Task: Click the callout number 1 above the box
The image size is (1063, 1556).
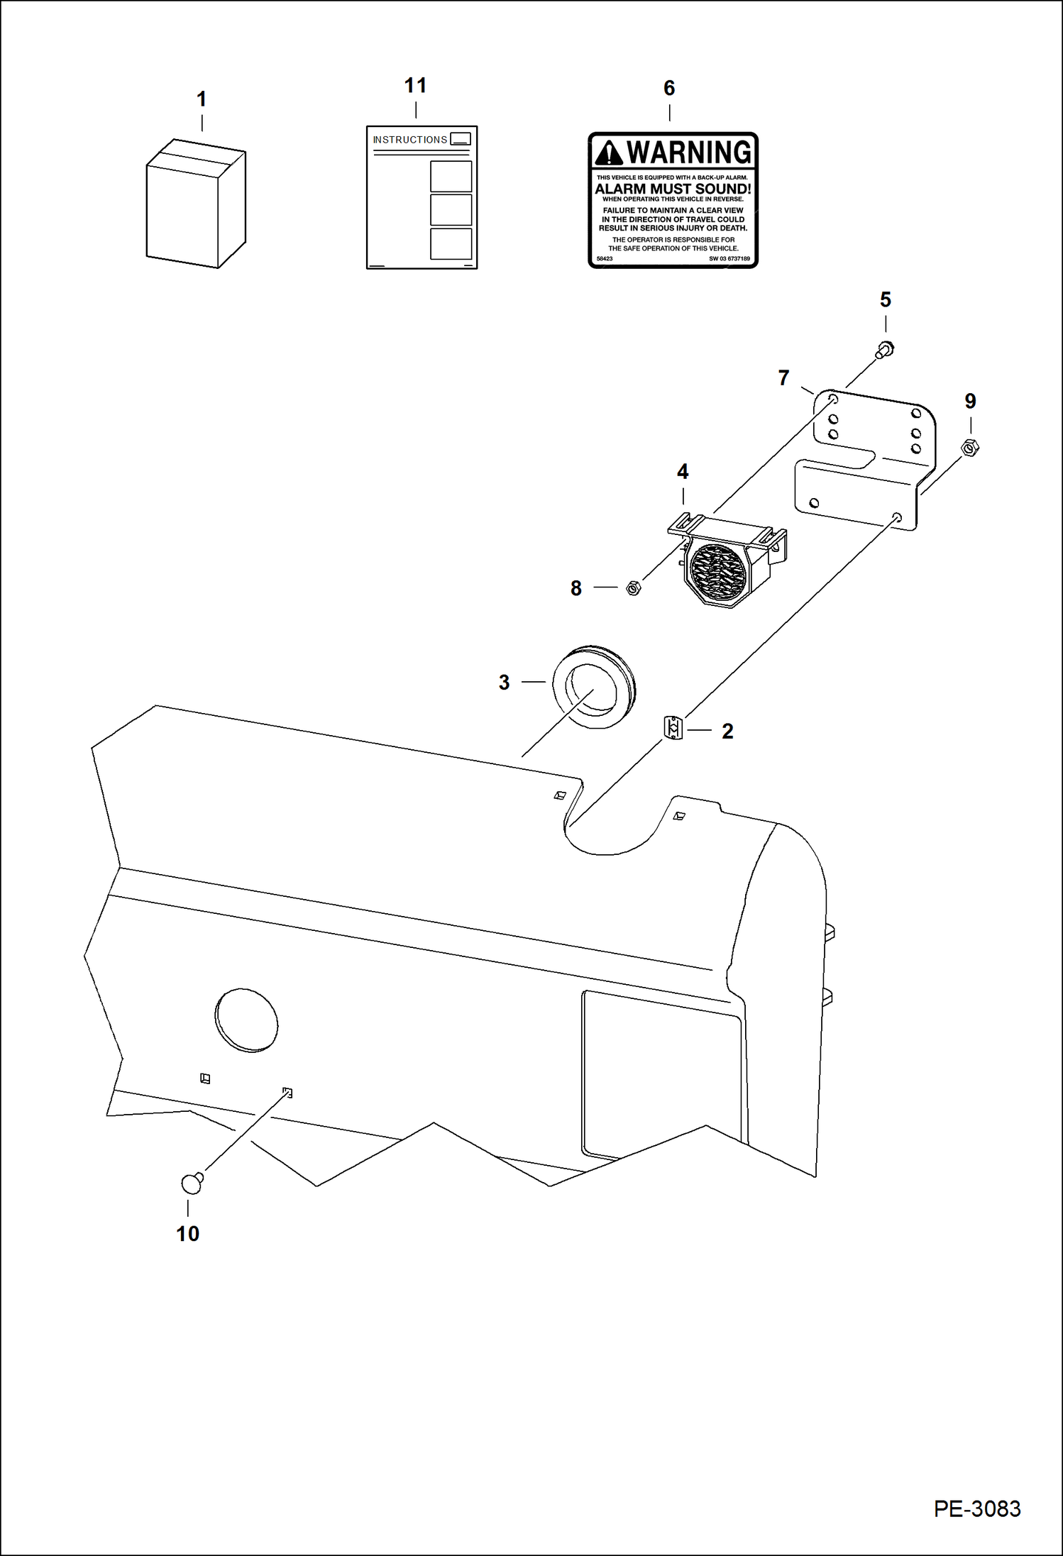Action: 202,99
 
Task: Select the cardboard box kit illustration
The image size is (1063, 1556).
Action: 195,206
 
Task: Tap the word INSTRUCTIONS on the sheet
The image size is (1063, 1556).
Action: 410,140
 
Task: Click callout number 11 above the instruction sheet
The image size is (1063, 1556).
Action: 415,86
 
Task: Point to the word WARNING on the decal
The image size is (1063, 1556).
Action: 688,153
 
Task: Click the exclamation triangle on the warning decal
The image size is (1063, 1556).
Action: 608,153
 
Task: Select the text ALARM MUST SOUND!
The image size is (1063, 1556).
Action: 673,189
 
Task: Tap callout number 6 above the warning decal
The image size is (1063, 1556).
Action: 668,88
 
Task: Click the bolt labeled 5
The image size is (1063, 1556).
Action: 885,349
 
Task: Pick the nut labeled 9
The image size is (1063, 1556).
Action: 970,448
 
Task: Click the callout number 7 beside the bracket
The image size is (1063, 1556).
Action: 783,377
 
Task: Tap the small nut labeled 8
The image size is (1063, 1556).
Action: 634,587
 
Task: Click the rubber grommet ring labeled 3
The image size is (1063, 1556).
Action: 594,686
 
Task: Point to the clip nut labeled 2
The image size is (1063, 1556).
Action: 673,728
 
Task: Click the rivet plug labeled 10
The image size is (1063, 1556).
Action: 192,1183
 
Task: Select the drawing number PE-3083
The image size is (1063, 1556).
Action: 976,1508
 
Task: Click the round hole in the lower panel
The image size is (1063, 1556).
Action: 246,1020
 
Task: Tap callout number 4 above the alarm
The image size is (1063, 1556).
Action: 683,472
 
